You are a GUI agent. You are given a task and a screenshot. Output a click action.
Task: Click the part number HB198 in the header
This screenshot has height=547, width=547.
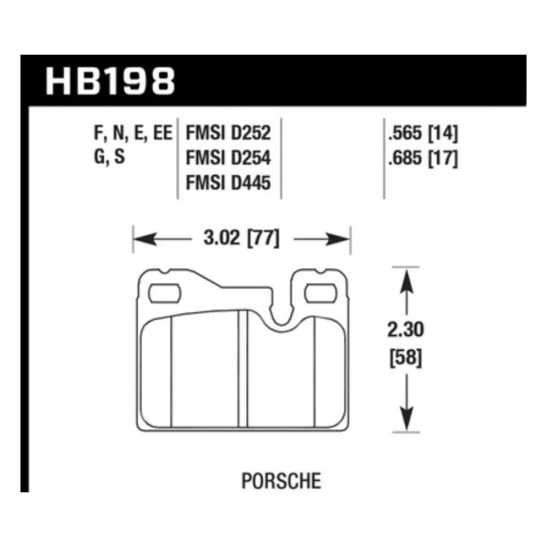tap(110, 81)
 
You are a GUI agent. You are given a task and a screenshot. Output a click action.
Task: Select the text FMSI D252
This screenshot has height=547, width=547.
tap(228, 134)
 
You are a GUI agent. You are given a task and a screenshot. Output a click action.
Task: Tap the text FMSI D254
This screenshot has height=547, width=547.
tap(228, 158)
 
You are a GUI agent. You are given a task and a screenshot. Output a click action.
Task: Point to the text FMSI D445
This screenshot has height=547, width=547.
tap(228, 183)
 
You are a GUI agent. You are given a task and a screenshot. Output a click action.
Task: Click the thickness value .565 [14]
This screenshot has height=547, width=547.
tap(423, 134)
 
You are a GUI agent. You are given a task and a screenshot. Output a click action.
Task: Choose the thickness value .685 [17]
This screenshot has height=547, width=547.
tap(423, 159)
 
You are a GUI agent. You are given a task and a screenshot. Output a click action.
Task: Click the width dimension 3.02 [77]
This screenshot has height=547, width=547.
tap(241, 239)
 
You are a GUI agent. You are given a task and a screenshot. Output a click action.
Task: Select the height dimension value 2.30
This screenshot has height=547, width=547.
tap(406, 330)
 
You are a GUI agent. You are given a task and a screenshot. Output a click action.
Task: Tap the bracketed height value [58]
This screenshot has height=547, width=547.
tap(406, 358)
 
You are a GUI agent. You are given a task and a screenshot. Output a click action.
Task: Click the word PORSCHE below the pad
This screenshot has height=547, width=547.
tap(281, 481)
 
